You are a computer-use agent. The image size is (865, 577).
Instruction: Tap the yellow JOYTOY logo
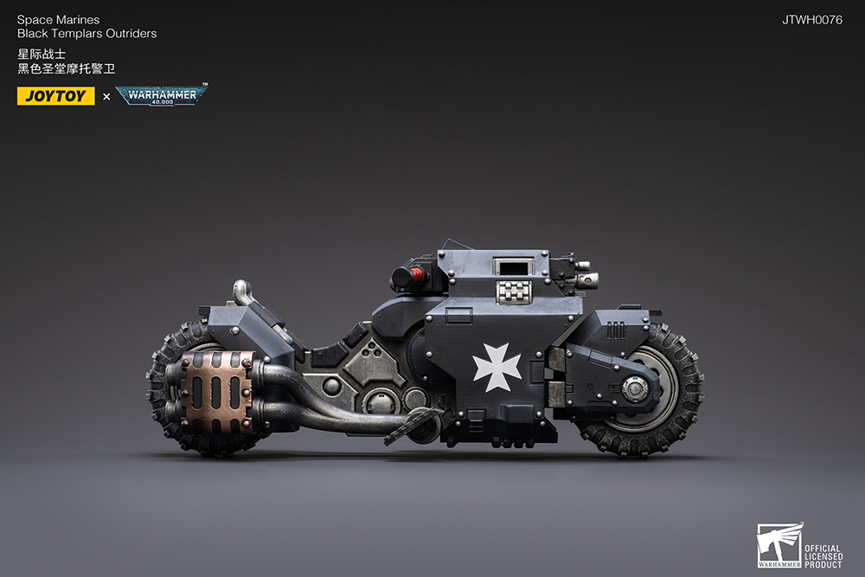[55, 96]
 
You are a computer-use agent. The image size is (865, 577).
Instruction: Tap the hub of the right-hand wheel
[637, 390]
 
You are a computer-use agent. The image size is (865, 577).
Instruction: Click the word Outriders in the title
[130, 34]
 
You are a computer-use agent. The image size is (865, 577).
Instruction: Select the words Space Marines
[58, 20]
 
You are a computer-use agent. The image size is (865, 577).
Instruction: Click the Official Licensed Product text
[823, 556]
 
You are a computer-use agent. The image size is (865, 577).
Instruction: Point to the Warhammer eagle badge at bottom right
[778, 546]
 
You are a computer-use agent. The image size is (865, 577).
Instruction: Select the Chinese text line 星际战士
[42, 54]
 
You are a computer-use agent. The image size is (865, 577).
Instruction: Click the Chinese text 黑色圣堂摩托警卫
[66, 69]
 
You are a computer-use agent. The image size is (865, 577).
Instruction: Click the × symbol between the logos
[106, 96]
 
